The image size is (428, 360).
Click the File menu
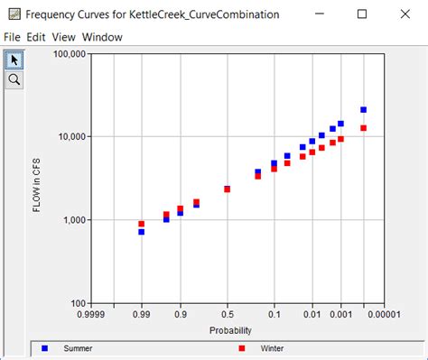(x=12, y=37)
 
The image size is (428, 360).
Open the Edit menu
(x=36, y=37)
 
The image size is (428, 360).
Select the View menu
(x=63, y=37)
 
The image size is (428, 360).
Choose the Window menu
(x=102, y=37)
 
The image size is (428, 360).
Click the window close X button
(x=404, y=14)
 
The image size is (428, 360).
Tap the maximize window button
(x=362, y=14)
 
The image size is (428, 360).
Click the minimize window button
(x=321, y=14)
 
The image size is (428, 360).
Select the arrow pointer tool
(x=14, y=60)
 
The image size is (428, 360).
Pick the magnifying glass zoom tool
(x=14, y=79)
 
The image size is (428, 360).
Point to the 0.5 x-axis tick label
(x=228, y=316)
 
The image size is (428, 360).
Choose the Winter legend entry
(x=271, y=347)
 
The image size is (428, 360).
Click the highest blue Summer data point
(x=364, y=109)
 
